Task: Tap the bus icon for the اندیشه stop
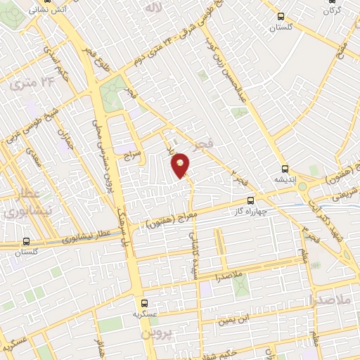pos(284,169)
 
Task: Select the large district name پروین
pos(156,333)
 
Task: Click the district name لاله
pos(152,8)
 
